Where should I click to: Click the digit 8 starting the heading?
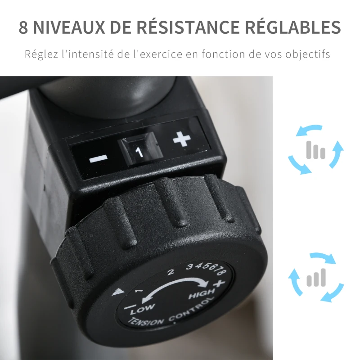pyautogui.click(x=23, y=27)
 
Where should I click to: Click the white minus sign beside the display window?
pyautogui.click(x=98, y=159)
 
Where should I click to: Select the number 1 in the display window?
pyautogui.click(x=139, y=153)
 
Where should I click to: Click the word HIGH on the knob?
pyautogui.click(x=201, y=294)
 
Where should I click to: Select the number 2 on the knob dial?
pyautogui.click(x=171, y=272)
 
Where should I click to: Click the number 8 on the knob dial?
pyautogui.click(x=221, y=272)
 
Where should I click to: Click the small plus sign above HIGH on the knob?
pyautogui.click(x=219, y=283)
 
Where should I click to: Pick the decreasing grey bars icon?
pyautogui.click(x=316, y=150)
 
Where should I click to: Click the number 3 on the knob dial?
pyautogui.click(x=189, y=266)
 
